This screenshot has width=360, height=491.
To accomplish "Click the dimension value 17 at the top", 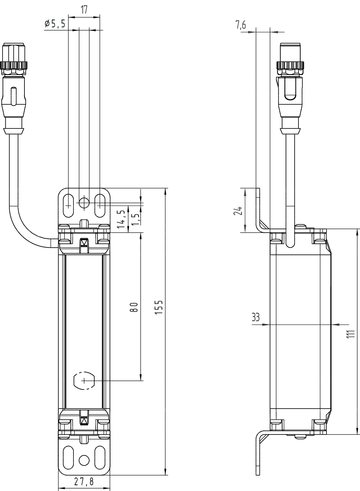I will tap(84, 10).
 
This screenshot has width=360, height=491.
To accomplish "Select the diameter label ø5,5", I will tap(55, 24).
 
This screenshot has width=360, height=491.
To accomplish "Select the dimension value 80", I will tap(134, 307).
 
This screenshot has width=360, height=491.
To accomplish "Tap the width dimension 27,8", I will tap(84, 482).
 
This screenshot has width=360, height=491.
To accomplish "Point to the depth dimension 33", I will tap(256, 317).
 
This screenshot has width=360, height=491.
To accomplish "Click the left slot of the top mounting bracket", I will tap(68, 206).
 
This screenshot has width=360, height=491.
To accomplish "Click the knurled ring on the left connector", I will tap(15, 66).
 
